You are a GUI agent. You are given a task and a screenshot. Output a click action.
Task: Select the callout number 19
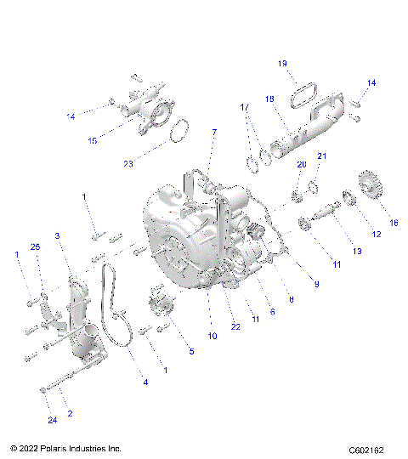point(283,64)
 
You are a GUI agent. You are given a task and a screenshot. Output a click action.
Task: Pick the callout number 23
point(127,164)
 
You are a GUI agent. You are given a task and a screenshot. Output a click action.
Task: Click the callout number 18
point(269,99)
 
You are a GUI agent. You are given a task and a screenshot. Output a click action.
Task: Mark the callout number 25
point(35,246)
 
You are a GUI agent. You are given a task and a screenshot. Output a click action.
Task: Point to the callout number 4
point(145,382)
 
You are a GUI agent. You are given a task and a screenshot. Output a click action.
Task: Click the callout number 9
point(316,284)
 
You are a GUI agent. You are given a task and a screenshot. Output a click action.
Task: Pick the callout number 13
point(357,251)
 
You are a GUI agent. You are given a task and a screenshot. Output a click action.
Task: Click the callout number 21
point(322,156)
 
